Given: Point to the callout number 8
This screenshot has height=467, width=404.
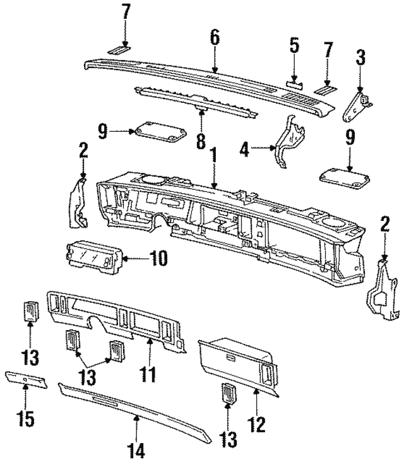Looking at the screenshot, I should (x=201, y=139).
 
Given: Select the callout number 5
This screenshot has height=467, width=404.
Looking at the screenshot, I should (x=294, y=47).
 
